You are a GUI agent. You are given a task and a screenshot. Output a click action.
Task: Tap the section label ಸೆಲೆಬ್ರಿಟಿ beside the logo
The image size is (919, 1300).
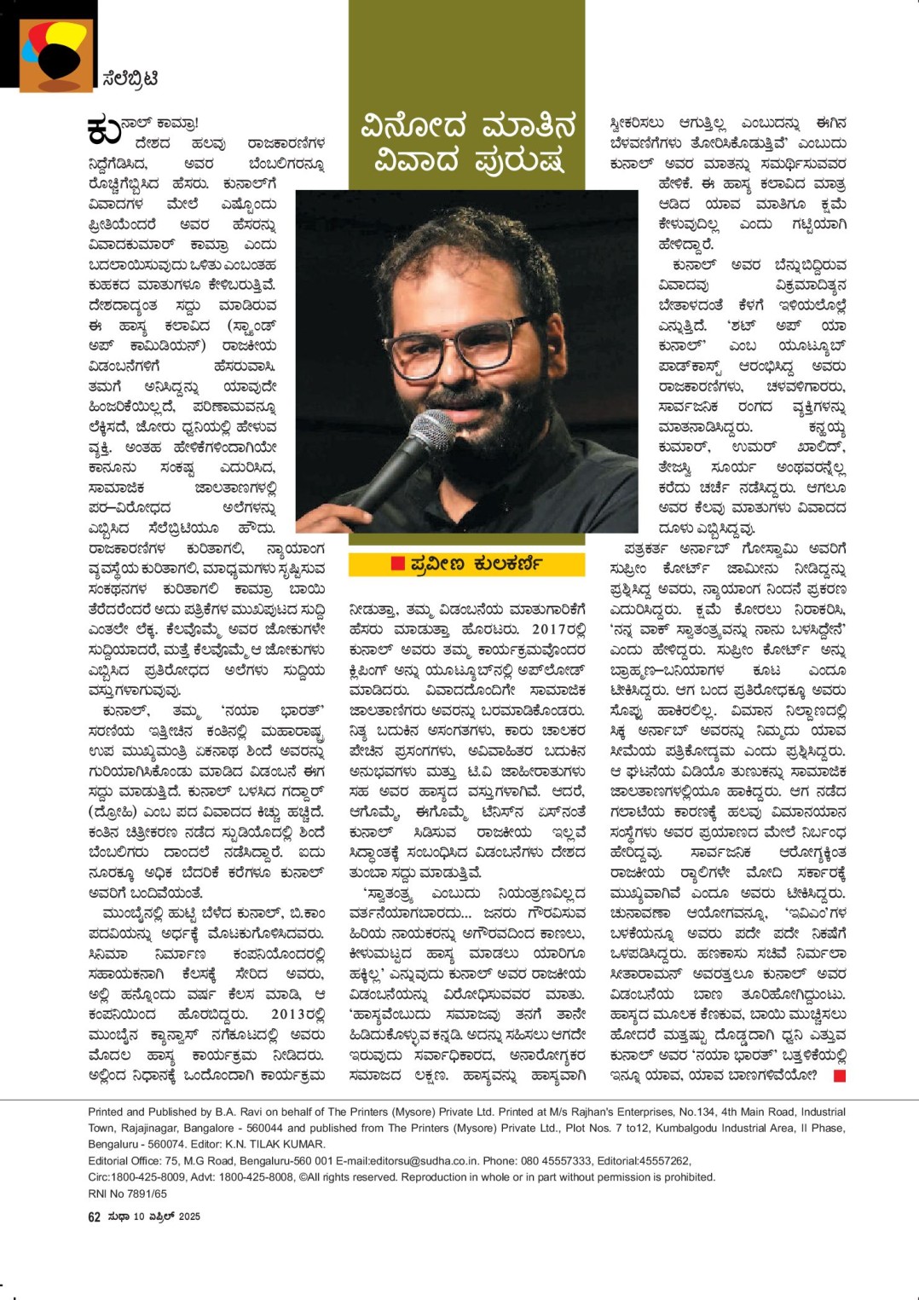tap(129, 78)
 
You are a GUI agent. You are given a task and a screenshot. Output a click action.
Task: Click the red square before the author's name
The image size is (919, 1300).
tap(397, 563)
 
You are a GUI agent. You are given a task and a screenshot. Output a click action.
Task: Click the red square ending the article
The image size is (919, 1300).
tap(839, 1076)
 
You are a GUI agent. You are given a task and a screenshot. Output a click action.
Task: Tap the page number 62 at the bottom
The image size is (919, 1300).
tap(95, 1216)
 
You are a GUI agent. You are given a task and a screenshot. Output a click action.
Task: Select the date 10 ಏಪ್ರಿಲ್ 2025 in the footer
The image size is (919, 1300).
tap(168, 1216)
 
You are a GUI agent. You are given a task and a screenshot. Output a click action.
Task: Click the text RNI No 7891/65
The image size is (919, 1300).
tap(127, 1193)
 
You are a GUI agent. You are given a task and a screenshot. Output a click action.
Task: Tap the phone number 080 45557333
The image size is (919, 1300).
tap(555, 1160)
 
